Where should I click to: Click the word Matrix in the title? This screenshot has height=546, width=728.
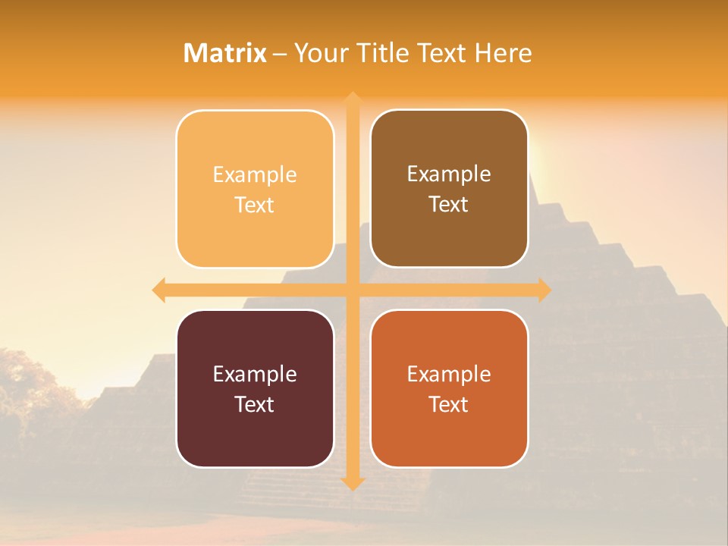(224, 53)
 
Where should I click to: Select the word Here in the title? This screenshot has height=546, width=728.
(504, 53)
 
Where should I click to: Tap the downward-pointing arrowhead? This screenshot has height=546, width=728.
(352, 483)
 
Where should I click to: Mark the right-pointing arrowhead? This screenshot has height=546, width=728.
(544, 290)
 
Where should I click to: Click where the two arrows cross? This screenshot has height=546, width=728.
(352, 290)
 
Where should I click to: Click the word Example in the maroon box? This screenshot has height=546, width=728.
(255, 374)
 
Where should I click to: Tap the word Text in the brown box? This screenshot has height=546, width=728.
(449, 205)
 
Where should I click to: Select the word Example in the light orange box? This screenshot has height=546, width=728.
(255, 174)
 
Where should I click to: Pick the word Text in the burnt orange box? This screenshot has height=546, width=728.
(449, 404)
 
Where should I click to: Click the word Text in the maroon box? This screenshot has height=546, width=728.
(255, 404)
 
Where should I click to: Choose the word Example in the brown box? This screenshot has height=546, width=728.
(449, 174)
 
